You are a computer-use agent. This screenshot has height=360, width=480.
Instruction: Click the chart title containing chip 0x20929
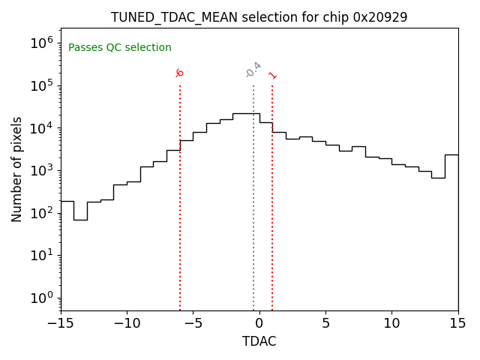(259, 17)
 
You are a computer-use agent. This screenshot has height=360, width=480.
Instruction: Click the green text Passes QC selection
(120, 48)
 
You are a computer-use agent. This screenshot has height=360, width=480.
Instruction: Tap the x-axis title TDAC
(259, 341)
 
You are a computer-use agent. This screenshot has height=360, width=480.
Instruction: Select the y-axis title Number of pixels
(17, 169)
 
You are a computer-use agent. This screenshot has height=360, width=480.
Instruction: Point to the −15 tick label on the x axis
(60, 323)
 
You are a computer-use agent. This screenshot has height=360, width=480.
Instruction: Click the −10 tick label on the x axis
(126, 323)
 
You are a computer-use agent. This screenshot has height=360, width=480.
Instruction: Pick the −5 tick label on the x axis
(193, 323)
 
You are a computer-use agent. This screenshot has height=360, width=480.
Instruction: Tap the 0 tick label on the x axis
(259, 323)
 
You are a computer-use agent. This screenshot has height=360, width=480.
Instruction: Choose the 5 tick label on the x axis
(325, 323)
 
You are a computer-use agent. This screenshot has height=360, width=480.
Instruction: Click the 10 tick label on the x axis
(391, 323)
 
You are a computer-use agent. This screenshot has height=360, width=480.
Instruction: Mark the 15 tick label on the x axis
(457, 323)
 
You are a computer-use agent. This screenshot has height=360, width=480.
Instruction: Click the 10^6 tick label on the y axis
(41, 43)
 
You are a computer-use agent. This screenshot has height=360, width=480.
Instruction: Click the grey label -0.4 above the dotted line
(253, 69)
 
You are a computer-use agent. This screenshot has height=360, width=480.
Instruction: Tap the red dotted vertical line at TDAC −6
(180, 195)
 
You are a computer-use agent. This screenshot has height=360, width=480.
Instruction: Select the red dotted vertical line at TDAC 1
(272, 195)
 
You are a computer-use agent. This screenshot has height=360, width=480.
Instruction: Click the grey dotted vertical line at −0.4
(253, 195)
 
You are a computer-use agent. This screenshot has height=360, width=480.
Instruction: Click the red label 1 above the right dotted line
(272, 75)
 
